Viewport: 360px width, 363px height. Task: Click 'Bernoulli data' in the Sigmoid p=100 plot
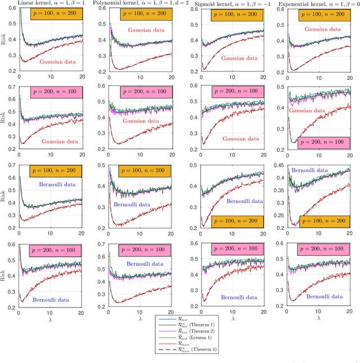pos(245,201)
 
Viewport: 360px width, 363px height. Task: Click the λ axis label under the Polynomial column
pos(140,318)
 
